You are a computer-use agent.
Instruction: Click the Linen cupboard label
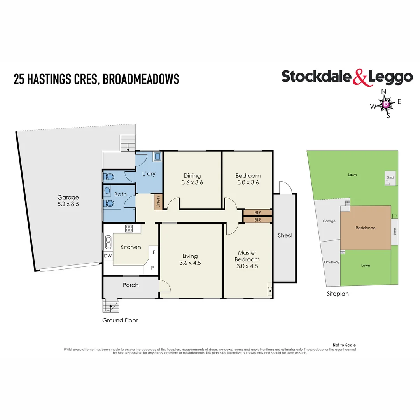point(158,202)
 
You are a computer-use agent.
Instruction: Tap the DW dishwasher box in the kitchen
point(107,255)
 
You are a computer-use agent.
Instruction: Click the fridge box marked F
point(154,253)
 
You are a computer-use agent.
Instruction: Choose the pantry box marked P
point(152,268)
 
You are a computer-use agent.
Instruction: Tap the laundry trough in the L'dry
point(157,156)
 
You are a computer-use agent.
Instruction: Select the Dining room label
point(192,176)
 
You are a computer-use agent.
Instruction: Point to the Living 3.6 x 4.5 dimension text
point(190,262)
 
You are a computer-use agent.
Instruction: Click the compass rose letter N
point(383,91)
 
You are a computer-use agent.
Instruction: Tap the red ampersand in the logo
point(360,77)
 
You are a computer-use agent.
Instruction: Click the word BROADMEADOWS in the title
point(141,79)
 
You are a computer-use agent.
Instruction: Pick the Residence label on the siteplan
point(366,227)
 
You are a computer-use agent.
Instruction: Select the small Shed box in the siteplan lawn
point(390,176)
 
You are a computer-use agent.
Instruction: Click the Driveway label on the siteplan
point(332,262)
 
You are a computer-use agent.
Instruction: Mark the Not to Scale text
point(344,345)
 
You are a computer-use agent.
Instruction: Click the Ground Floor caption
point(120,320)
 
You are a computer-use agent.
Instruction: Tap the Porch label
point(131,285)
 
